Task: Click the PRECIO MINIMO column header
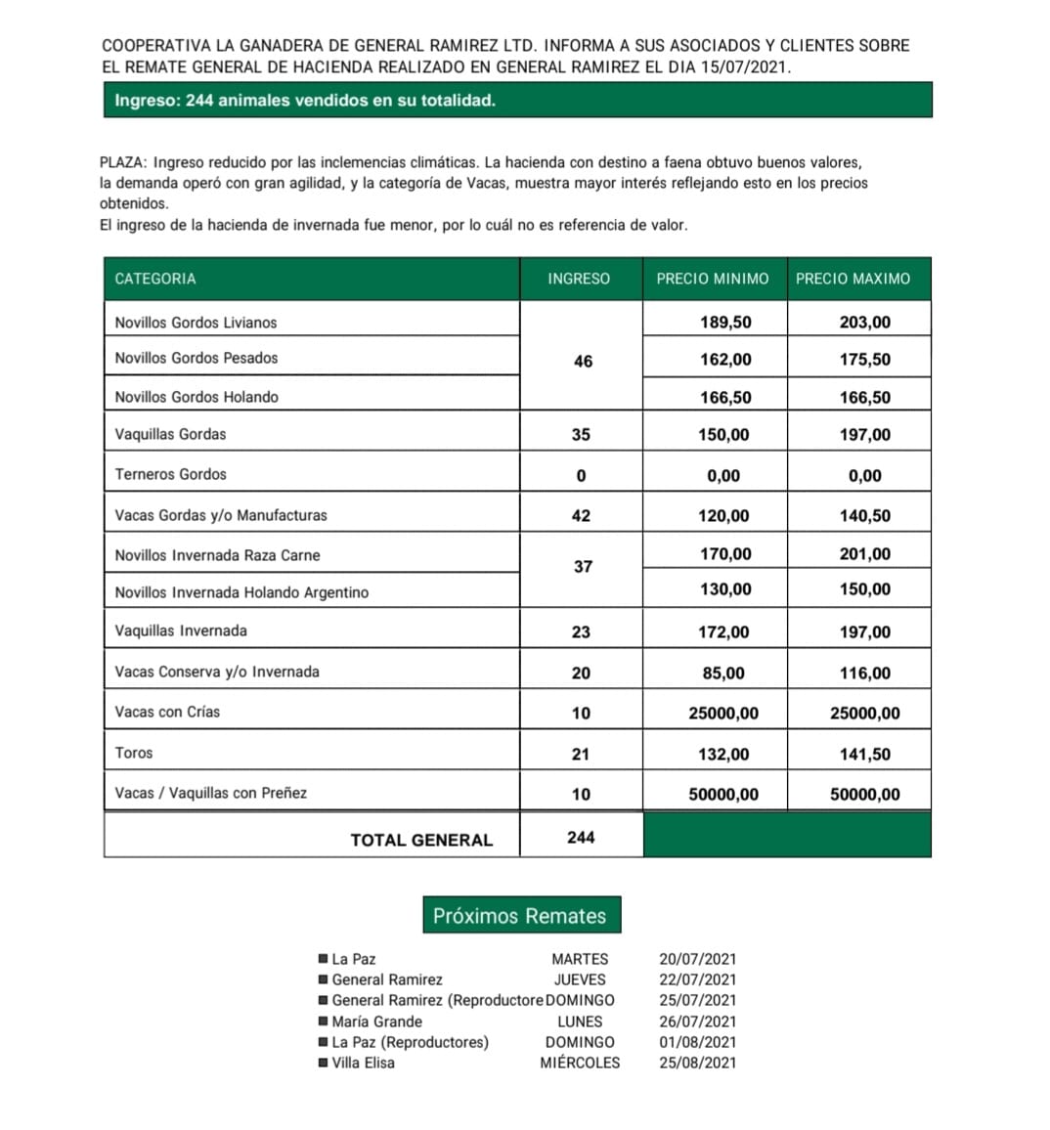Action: (713, 279)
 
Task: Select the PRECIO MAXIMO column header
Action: (853, 279)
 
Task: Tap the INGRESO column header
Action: (579, 279)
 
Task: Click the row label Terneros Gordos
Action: (170, 474)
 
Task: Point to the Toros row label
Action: (134, 753)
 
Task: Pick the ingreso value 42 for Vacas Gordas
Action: (581, 515)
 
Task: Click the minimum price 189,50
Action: (725, 323)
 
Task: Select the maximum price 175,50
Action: (865, 359)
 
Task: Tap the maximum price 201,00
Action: (865, 554)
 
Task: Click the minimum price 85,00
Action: (722, 673)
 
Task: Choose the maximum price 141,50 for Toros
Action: (865, 754)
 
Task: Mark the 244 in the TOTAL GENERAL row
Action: (581, 838)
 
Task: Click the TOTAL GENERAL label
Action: (421, 840)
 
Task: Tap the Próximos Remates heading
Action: (520, 916)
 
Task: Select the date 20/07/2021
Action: (698, 959)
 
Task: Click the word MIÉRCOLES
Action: (580, 1063)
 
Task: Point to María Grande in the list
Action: (377, 1021)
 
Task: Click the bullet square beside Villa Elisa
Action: (324, 1063)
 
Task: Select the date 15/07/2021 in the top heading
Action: (745, 66)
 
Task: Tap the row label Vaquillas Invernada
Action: (181, 630)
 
